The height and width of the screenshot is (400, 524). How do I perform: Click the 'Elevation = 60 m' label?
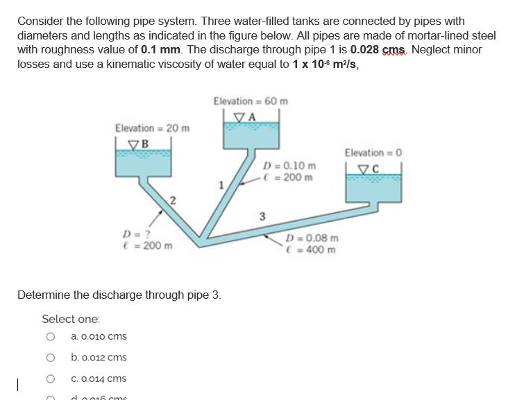(251, 101)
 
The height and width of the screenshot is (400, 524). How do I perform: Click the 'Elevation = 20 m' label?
(152, 128)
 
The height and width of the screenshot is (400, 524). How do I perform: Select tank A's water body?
(251, 135)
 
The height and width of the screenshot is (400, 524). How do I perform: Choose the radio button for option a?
(50, 337)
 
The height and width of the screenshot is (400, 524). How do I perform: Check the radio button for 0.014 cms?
(50, 379)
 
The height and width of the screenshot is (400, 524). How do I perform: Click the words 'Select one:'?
(71, 319)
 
